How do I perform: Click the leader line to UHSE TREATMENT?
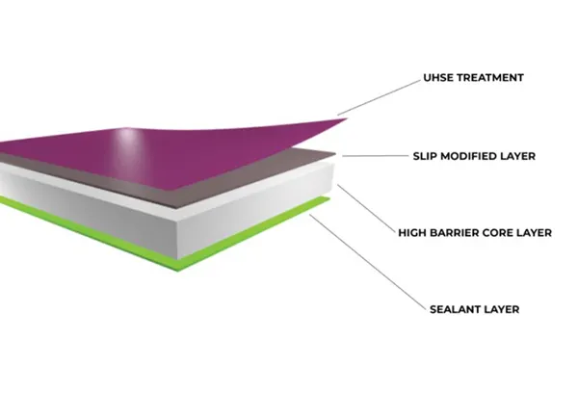pos(379,97)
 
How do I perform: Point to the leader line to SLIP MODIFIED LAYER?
pos(376,156)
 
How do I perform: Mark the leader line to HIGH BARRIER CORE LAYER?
pos(366,209)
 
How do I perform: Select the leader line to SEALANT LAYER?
pos(368,262)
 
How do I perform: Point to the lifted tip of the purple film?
pos(347,118)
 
